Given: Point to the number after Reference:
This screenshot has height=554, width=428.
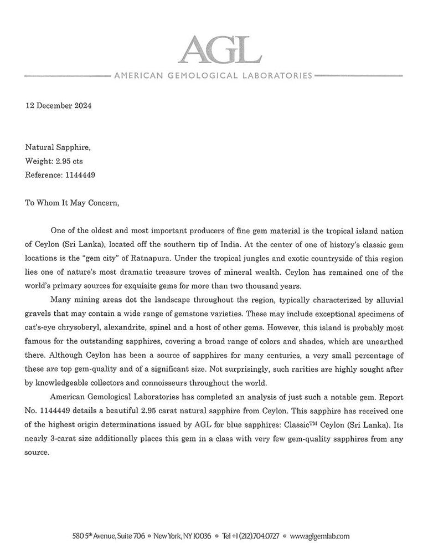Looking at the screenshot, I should click(84, 175).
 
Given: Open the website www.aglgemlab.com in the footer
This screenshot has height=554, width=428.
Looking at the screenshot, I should click(319, 536).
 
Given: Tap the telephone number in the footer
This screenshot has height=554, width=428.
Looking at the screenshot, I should click(250, 536).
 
